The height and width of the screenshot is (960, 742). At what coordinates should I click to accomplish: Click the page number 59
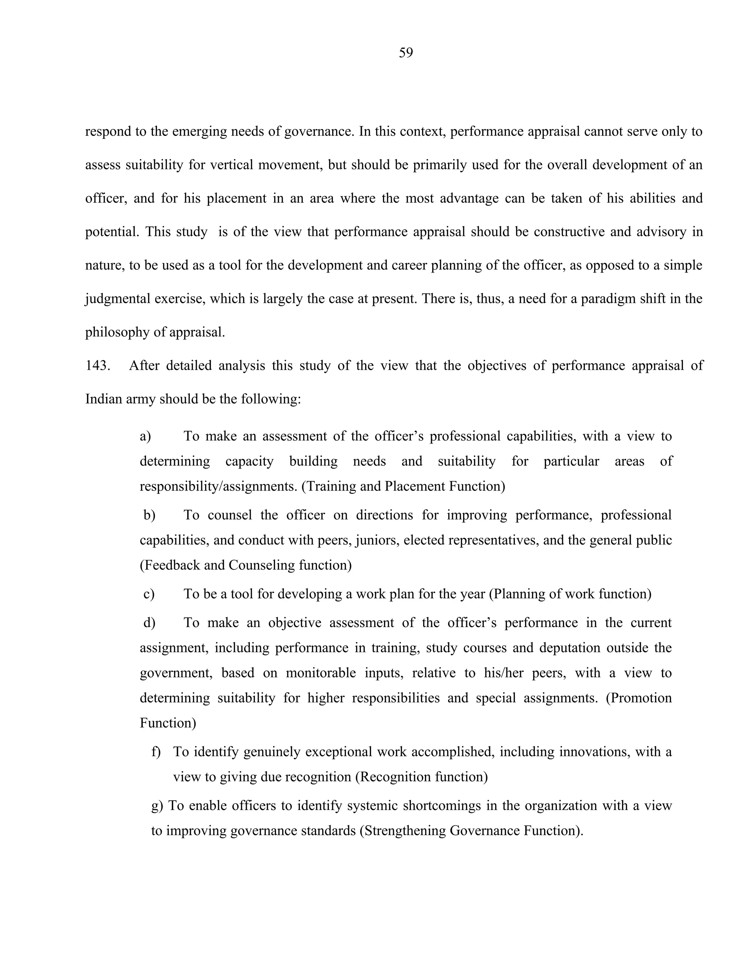[x=406, y=53]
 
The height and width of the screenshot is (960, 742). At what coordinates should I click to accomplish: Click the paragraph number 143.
[x=97, y=365]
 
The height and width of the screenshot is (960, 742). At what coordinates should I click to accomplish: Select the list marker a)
[x=146, y=436]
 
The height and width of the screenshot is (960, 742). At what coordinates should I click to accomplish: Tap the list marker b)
[x=150, y=515]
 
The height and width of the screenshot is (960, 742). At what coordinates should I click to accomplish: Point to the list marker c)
[x=149, y=594]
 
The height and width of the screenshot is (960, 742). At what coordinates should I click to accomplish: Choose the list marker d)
[x=150, y=623]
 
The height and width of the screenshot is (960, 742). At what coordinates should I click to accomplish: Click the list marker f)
[x=157, y=752]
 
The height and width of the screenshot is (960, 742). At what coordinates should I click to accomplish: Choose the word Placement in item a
[x=414, y=486]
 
